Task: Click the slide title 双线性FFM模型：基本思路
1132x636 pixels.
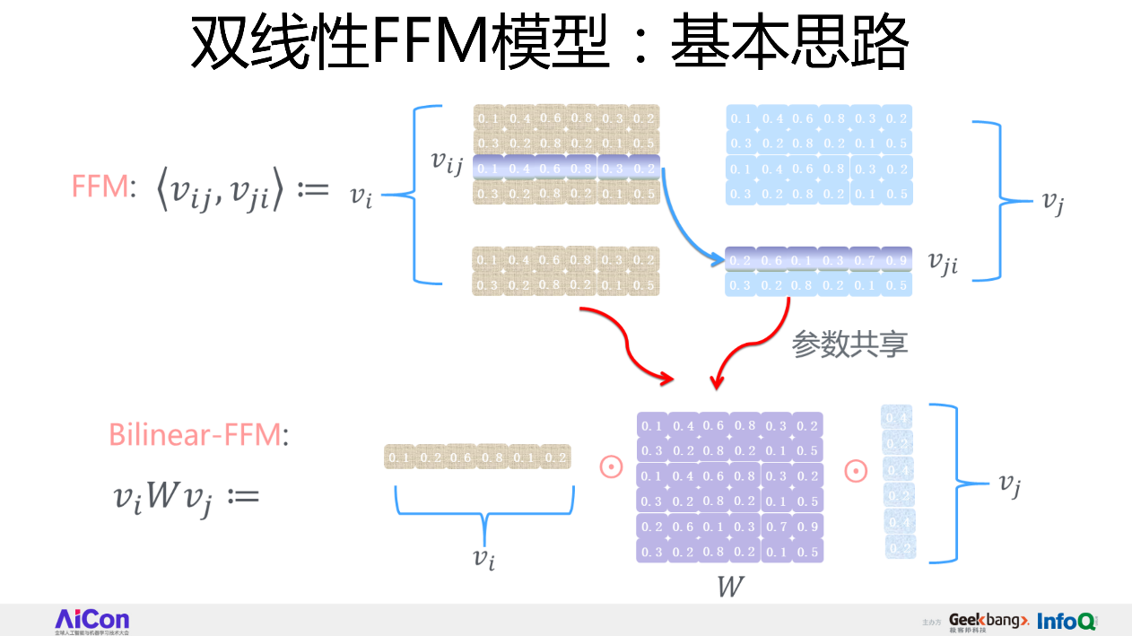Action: pos(549,42)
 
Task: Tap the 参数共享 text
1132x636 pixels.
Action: pos(849,344)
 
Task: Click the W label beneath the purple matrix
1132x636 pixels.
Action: pos(731,587)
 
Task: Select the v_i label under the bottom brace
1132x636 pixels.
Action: pos(484,558)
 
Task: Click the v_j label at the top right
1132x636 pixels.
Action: pos(1052,203)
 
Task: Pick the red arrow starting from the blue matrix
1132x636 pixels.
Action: pos(753,345)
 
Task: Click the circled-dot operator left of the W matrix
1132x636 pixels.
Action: pos(611,467)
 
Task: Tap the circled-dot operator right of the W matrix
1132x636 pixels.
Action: pos(856,469)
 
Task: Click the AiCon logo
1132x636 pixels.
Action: pos(91,620)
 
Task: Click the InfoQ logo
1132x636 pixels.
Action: pos(1067,621)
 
